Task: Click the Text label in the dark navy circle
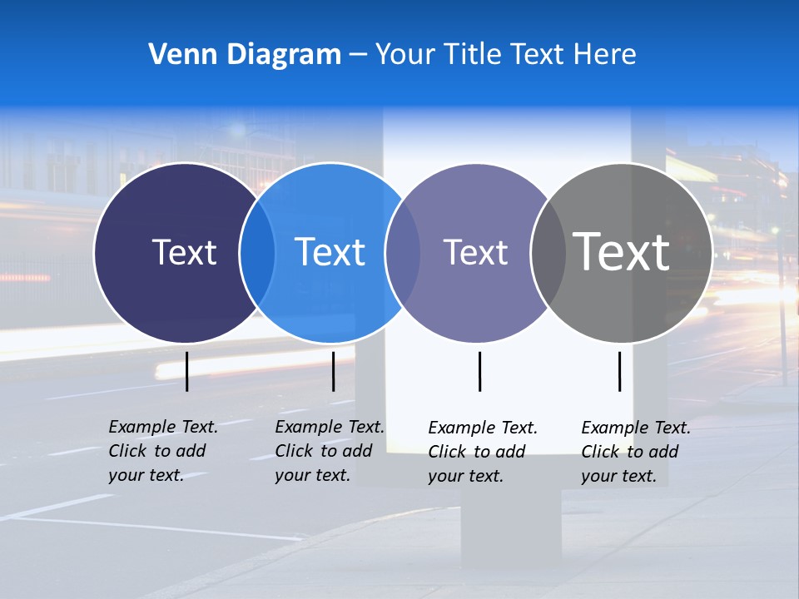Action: pos(184,252)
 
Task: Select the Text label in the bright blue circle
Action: pos(330,252)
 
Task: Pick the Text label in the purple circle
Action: pos(475,252)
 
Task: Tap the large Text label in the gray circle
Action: pos(621,252)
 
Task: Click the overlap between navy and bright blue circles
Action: pos(257,252)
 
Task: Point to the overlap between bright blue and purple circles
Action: pos(403,252)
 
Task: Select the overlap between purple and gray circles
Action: pos(548,252)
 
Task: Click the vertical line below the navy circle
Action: pos(187,371)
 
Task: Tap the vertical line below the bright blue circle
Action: pos(333,371)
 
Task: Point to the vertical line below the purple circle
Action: pos(479,371)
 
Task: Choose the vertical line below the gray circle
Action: pos(619,371)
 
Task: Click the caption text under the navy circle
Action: pos(163,451)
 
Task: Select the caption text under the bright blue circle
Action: pos(330,451)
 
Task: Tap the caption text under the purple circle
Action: pos(483,452)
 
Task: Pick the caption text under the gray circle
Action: pos(636,452)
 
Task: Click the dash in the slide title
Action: pos(358,55)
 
